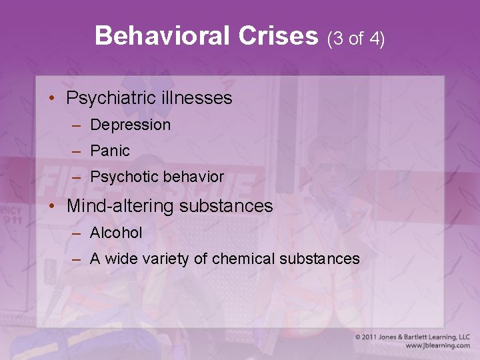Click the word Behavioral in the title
tap(162, 36)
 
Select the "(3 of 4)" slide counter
tap(356, 38)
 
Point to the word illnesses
tap(197, 99)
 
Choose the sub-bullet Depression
tap(130, 125)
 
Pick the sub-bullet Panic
tap(110, 151)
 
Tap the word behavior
tap(193, 177)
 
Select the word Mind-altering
tap(121, 206)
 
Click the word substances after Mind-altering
tap(226, 206)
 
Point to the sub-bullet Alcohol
tap(116, 233)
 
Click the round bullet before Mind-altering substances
tap(51, 206)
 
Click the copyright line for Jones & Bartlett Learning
tap(412, 337)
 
